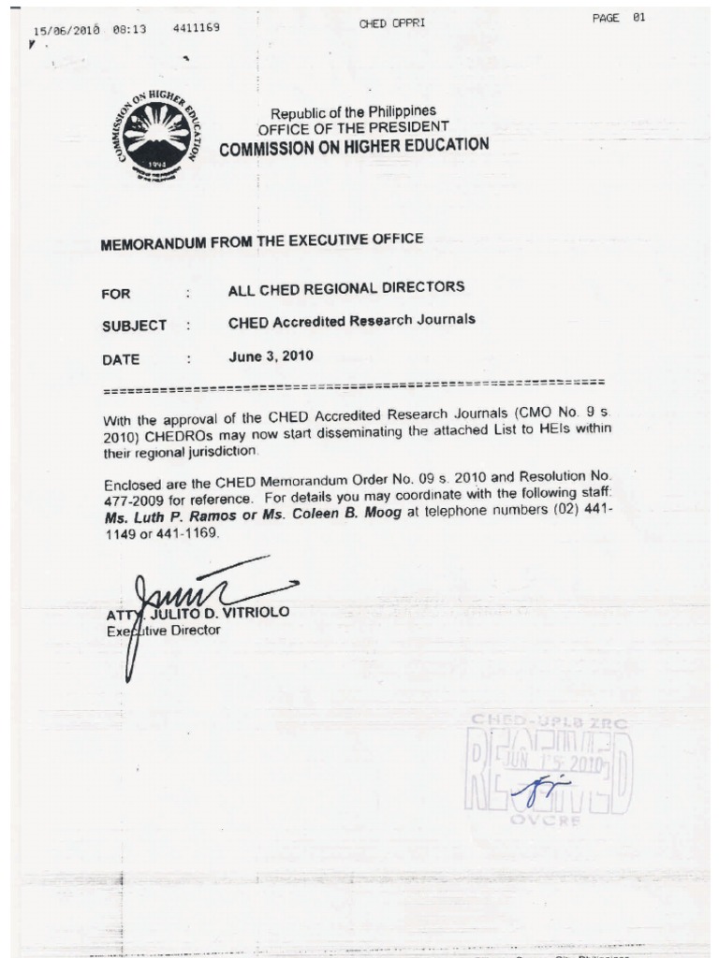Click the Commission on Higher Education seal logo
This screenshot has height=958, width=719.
156,136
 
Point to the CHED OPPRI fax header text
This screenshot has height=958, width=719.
391,23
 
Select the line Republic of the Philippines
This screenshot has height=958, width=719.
353,111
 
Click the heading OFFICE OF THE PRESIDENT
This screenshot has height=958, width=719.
353,127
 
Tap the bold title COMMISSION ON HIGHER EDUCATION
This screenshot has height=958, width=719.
353,146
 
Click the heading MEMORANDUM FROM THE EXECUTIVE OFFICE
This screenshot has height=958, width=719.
261,241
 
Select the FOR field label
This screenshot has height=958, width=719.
116,294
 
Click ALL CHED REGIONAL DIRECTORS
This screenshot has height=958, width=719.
345,288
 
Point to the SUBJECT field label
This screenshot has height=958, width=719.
134,326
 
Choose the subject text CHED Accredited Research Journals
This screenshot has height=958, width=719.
351,321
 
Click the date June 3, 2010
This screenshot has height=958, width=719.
271,356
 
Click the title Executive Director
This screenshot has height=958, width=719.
164,631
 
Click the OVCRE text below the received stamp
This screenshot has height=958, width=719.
548,820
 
